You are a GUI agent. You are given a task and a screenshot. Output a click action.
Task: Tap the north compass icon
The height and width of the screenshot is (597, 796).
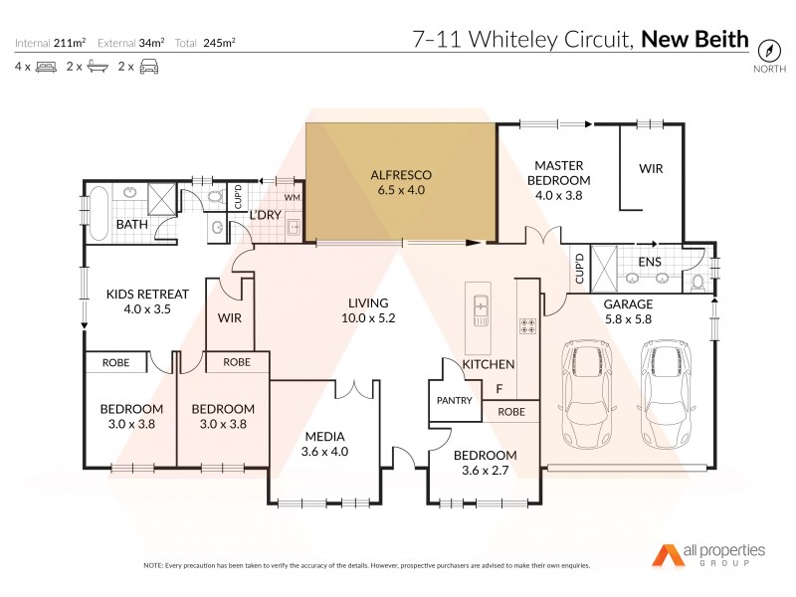tap(767, 49)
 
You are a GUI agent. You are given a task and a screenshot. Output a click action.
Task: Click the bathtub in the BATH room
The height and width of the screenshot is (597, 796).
tap(98, 212)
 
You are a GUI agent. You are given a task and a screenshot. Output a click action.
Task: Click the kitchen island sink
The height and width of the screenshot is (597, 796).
tap(482, 308)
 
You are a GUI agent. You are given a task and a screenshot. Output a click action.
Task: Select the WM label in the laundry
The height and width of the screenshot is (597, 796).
tap(293, 197)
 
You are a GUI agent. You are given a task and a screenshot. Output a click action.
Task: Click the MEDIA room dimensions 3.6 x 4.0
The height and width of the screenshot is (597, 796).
tap(324, 451)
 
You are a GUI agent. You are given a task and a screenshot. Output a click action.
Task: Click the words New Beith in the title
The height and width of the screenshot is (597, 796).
tap(695, 40)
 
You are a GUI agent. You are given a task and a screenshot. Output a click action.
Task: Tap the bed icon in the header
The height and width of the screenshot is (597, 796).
tap(46, 67)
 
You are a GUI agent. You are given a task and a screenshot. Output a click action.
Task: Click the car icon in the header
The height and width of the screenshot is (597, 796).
tap(148, 67)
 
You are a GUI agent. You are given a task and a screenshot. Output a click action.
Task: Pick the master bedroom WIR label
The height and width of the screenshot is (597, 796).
tap(651, 169)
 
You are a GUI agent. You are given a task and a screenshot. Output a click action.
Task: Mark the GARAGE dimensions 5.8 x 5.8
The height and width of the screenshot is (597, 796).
tap(629, 319)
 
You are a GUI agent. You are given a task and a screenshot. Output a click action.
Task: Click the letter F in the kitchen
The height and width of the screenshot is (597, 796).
tap(498, 389)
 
